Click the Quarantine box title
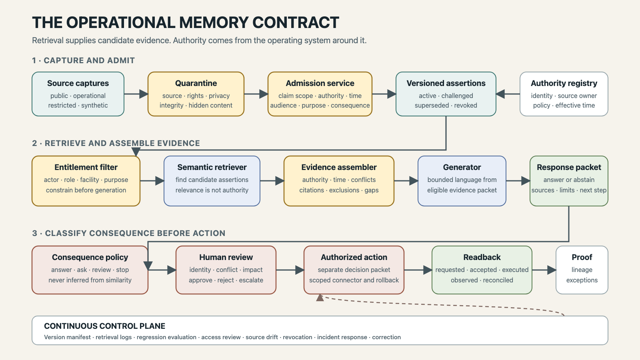point(196,83)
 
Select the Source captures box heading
point(78,83)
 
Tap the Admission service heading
point(320,83)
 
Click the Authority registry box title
point(564,83)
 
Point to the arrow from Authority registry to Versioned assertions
point(508,94)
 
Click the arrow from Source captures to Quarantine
point(136,94)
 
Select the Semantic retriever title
point(212,167)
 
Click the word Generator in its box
point(462,167)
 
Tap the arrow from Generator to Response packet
point(518,180)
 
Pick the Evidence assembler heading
point(339,167)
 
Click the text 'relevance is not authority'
point(212,190)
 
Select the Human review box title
point(226,257)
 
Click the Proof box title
point(582,257)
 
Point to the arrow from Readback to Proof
point(544,270)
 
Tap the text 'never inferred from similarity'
point(90,280)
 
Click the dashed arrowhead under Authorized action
point(320,298)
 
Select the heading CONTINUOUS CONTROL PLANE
point(104,326)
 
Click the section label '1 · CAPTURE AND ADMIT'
point(84,60)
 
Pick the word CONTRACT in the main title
point(296,22)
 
